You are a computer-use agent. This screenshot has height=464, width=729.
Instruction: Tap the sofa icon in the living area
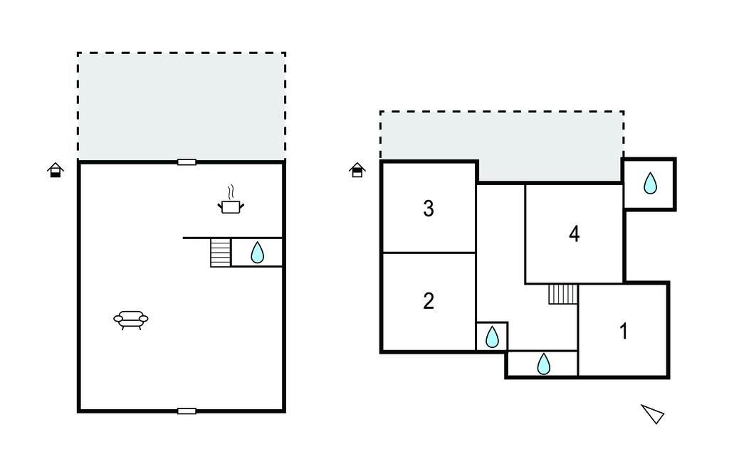pos(131,320)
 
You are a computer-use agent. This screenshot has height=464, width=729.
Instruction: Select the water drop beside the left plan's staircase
pos(257,253)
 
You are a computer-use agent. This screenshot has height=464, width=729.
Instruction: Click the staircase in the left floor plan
pos(221,253)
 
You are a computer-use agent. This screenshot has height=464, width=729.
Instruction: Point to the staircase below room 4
pos(563,294)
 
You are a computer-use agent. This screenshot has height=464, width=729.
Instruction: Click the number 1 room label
pos(624,331)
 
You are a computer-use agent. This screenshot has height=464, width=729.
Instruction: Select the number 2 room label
pos(429,301)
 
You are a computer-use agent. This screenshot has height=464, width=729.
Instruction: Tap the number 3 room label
pos(429,209)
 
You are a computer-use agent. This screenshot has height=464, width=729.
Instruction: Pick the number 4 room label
pos(575,234)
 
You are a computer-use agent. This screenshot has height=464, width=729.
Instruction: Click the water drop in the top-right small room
pos(650,183)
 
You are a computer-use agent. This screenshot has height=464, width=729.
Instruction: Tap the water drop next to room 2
pos(492,337)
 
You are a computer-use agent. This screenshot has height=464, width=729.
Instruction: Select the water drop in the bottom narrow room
pos(543,364)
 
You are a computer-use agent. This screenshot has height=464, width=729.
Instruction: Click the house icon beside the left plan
pos(56,169)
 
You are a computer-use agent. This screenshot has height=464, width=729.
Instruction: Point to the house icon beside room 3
pos(357,169)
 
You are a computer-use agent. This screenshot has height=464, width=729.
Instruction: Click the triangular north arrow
pos(654,413)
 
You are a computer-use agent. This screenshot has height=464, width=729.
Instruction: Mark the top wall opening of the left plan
pos(187,162)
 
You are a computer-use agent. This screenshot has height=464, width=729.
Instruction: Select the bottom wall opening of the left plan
pos(187,411)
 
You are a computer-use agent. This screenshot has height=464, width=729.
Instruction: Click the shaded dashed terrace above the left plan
pos(182,107)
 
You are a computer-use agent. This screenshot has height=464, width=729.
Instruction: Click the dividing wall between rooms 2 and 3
pos(429,253)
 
